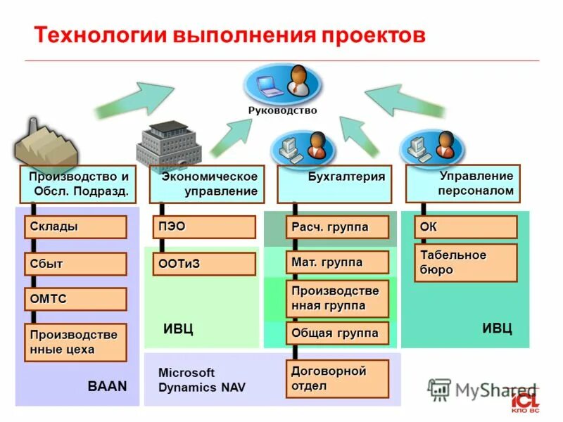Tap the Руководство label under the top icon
click(x=282, y=110)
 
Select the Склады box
click(x=75, y=227)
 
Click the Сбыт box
click(x=75, y=264)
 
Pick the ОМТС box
click(x=75, y=299)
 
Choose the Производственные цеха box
click(x=75, y=343)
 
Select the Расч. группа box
click(x=337, y=227)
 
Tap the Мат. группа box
click(x=337, y=262)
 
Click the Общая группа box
click(x=337, y=333)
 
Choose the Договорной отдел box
click(x=337, y=378)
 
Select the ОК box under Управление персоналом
click(x=466, y=227)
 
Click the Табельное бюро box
click(x=466, y=262)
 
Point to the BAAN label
click(x=107, y=386)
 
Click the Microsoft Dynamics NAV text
click(x=201, y=380)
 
